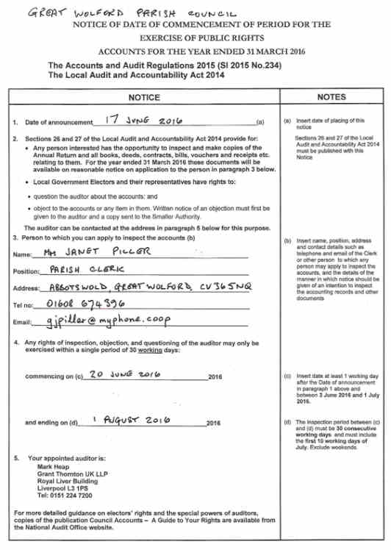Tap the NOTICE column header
(143, 96)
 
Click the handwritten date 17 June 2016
(148, 119)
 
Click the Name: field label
(23, 254)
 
